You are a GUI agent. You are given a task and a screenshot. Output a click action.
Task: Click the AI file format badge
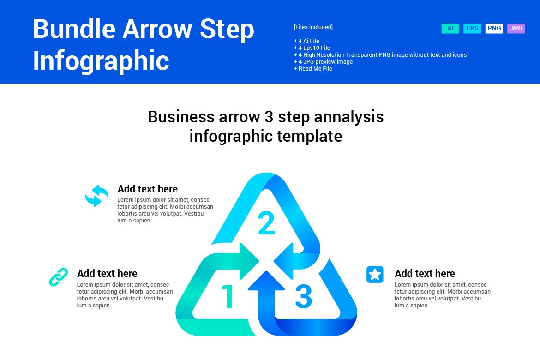click(x=450, y=29)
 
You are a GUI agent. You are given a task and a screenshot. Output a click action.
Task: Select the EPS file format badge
click(x=472, y=29)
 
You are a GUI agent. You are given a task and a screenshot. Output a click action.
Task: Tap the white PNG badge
click(x=494, y=29)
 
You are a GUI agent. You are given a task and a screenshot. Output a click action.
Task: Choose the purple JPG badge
click(x=516, y=29)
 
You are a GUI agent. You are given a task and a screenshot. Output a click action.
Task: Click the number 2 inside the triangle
click(x=266, y=223)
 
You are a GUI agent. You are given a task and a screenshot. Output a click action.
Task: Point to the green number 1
click(x=228, y=296)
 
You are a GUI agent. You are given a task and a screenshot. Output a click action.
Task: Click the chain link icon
click(x=59, y=277)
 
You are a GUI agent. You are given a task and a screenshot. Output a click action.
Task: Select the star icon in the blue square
click(x=375, y=275)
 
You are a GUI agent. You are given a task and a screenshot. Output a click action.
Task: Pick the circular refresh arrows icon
click(x=96, y=196)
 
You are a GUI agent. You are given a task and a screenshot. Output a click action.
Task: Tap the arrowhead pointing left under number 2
click(x=284, y=261)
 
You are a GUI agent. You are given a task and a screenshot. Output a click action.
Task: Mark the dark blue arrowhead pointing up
click(x=266, y=282)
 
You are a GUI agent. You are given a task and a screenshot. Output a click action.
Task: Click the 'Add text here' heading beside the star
click(x=425, y=273)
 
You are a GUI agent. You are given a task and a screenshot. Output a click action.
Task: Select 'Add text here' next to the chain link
click(x=107, y=273)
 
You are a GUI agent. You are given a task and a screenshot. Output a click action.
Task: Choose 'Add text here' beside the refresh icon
click(x=147, y=189)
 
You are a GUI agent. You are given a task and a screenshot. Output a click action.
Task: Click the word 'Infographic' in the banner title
click(x=101, y=60)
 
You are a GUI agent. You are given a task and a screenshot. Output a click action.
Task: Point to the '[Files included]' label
click(x=313, y=27)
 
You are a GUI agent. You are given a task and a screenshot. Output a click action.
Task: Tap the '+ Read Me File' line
click(x=312, y=69)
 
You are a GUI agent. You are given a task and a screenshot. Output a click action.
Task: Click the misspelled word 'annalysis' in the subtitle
click(x=348, y=117)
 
